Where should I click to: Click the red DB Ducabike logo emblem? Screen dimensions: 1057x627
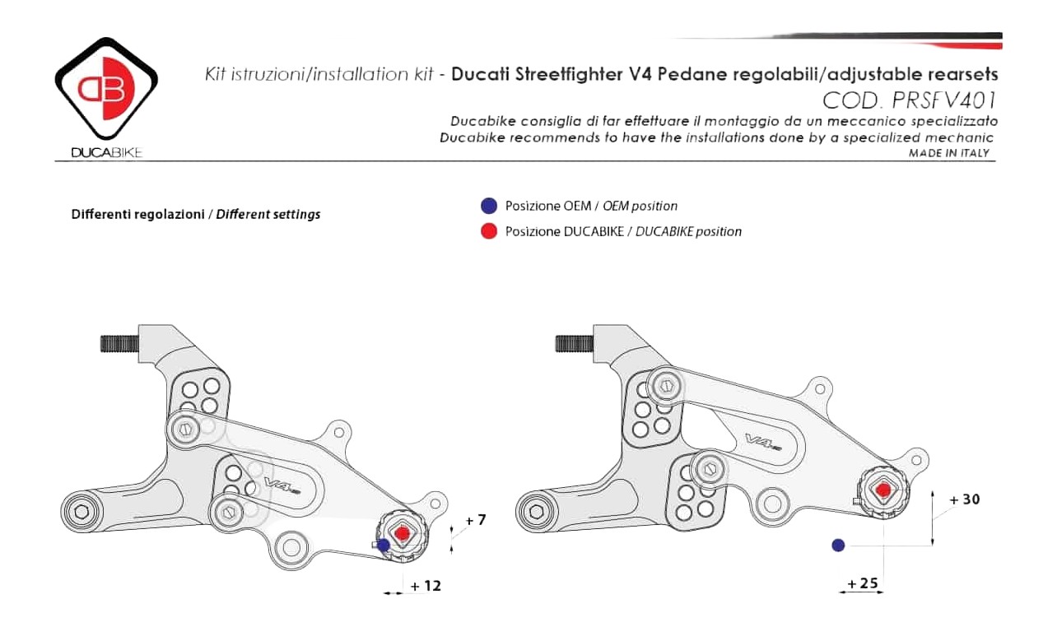[x=106, y=88]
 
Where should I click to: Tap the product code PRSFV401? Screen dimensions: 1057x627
[x=944, y=100]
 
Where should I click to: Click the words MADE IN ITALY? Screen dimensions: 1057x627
[x=949, y=153]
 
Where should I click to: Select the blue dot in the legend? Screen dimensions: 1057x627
[x=489, y=206]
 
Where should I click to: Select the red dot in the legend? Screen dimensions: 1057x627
[x=489, y=231]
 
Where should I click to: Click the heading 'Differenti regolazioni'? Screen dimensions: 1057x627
[x=137, y=214]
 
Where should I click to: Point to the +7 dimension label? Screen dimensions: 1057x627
[x=476, y=520]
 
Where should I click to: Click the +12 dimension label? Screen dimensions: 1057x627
[x=426, y=586]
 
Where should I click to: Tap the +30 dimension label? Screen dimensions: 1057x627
[x=965, y=499]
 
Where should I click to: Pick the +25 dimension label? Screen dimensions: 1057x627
[x=863, y=583]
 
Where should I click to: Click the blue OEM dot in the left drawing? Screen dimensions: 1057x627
[x=384, y=546]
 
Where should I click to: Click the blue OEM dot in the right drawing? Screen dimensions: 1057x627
[x=838, y=546]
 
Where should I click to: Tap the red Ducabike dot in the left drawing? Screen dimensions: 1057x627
[x=402, y=533]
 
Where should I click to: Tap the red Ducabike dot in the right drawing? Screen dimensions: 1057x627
[x=883, y=490]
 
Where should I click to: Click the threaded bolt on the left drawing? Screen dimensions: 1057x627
[x=119, y=343]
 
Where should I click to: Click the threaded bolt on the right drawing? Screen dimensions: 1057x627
[x=575, y=343]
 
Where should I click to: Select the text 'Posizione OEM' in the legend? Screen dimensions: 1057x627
[x=548, y=206]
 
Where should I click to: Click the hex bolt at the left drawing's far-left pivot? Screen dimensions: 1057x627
[x=81, y=512]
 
